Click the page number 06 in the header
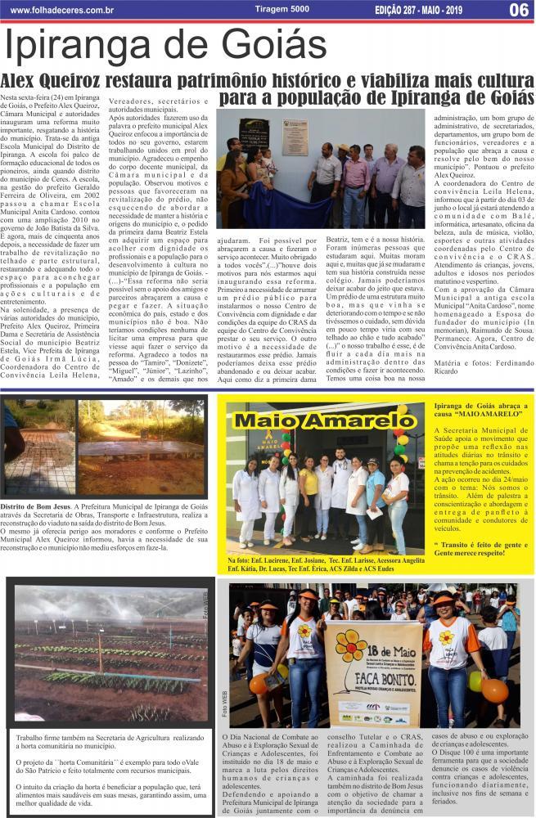pos(517,10)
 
